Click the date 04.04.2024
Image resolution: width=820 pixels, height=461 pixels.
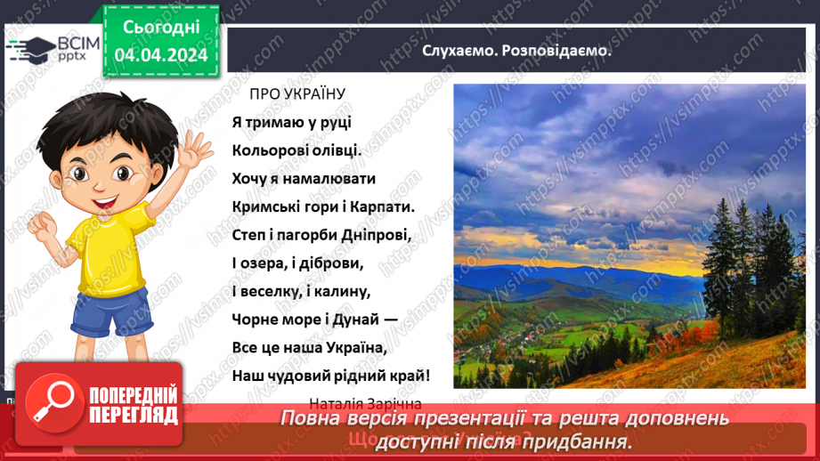click(x=161, y=55)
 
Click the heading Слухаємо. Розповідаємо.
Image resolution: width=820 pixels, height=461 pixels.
click(x=517, y=50)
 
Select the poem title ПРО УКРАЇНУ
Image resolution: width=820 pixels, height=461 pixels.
click(x=296, y=93)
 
